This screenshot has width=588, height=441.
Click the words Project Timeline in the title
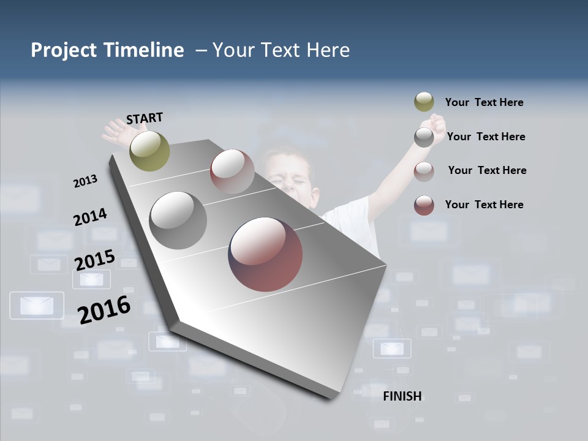[x=107, y=50]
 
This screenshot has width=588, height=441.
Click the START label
[x=145, y=118]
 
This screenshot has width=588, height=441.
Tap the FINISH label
[x=402, y=396]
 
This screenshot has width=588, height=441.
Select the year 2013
[x=85, y=181]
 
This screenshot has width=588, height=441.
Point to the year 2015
[x=95, y=260]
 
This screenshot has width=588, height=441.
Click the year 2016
[x=104, y=309]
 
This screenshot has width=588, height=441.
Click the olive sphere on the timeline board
[x=149, y=151]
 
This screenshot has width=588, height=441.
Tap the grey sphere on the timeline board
[x=178, y=220]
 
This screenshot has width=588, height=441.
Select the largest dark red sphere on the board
[x=265, y=254]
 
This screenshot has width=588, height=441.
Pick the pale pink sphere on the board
[x=232, y=171]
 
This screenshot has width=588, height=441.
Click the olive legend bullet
[x=424, y=102]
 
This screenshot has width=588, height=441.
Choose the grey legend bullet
[x=424, y=137]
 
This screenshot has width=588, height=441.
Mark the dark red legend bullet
[x=424, y=205]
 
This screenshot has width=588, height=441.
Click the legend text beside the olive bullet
[x=484, y=102]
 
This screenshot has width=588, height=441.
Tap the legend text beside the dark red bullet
[x=484, y=205]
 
